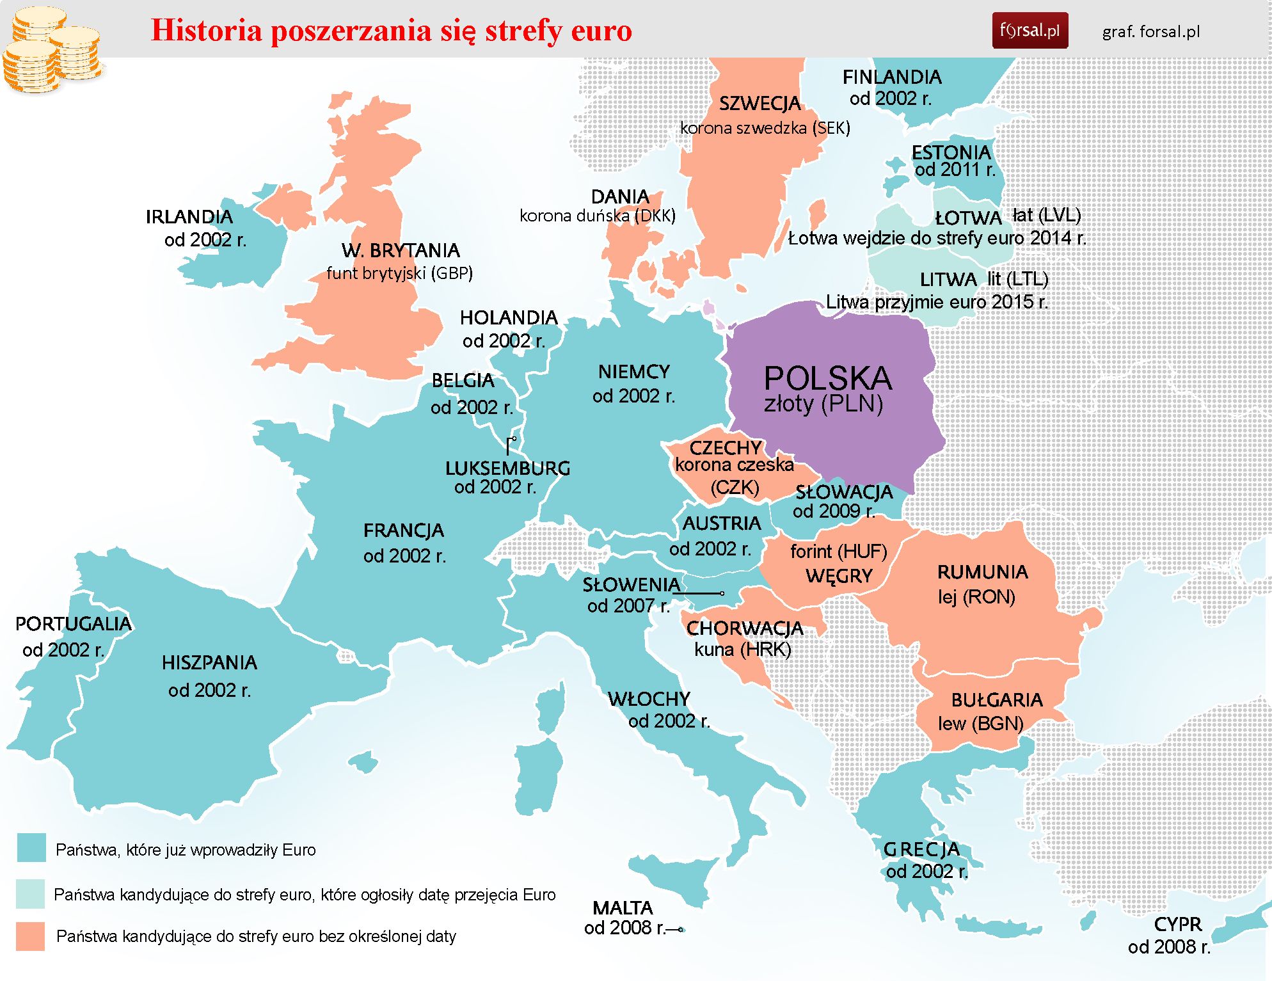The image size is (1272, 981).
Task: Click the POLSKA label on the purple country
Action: coord(827,378)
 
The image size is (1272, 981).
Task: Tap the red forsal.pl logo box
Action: coord(1030,30)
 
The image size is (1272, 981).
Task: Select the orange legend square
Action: coord(30,936)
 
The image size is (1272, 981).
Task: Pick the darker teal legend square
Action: coord(31,847)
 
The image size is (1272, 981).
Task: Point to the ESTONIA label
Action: coord(951,152)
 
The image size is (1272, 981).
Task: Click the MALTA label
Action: coord(622,907)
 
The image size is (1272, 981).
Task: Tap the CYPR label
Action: coord(1177,924)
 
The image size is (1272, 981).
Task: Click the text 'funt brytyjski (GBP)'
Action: coord(399,273)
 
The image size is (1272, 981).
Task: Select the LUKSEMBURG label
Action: coord(507,468)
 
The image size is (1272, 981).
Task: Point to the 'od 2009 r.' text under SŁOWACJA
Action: coord(833,511)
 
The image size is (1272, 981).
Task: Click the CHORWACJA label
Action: coord(744,628)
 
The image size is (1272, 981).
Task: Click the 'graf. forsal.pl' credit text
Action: coord(1150,31)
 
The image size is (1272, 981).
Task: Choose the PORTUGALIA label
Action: coord(73,623)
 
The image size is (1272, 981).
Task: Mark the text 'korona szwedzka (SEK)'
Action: coord(765,128)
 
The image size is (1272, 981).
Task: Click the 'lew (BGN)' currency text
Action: coord(980,723)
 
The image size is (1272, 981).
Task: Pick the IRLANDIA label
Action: coord(189,216)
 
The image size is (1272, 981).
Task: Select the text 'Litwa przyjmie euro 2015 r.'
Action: coord(936,301)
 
